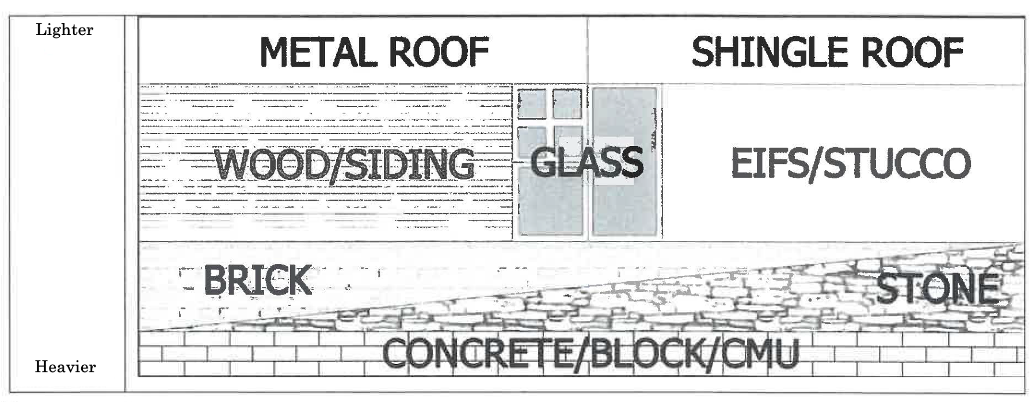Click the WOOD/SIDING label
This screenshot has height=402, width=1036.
(344, 165)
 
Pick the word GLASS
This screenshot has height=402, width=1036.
(586, 162)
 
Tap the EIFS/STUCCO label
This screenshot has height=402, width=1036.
(850, 163)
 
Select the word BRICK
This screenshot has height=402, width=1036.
(257, 281)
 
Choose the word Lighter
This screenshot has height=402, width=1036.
(64, 30)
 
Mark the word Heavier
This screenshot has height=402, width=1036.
(65, 366)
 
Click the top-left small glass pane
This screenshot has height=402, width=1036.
(532, 104)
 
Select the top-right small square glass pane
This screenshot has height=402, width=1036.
(567, 104)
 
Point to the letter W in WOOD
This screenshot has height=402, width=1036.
(233, 165)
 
